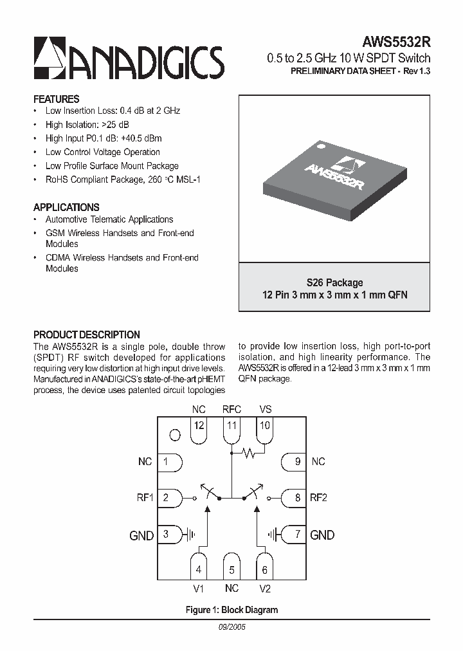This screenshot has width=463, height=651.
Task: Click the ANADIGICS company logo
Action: [129, 58]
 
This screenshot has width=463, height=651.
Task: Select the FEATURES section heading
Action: [56, 99]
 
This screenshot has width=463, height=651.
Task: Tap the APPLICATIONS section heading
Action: [66, 207]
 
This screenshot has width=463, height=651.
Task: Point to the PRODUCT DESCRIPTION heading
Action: [86, 335]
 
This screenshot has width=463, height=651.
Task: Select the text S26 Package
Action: [334, 282]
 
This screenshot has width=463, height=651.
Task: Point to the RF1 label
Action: [145, 497]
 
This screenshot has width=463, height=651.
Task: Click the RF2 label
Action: [319, 497]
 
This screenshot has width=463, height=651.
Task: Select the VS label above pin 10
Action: [266, 408]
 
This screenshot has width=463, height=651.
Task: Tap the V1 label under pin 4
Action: [198, 588]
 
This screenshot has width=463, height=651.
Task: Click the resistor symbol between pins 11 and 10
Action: [248, 454]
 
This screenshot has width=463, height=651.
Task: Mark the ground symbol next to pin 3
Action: [189, 534]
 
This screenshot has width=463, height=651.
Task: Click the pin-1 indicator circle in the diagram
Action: [174, 436]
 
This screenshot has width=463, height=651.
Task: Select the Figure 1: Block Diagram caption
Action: [232, 609]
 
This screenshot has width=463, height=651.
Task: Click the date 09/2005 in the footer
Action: [232, 626]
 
